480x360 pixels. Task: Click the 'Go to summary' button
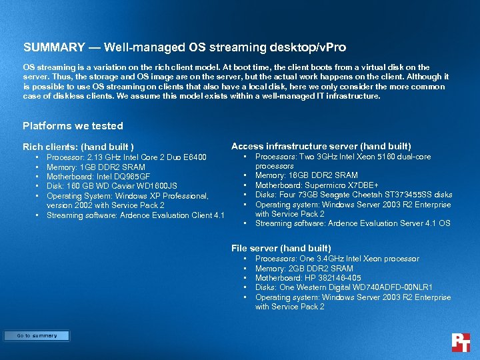[x=37, y=336]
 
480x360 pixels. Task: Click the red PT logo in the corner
[x=461, y=343]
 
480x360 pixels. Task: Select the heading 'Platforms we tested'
[x=73, y=125]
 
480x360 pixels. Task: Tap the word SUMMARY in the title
[x=54, y=48]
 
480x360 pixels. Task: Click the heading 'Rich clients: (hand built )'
[x=78, y=147]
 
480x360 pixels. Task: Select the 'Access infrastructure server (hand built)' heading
[x=321, y=146]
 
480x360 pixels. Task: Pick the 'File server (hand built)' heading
[x=281, y=248]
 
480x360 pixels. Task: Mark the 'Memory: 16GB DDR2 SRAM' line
[x=306, y=175]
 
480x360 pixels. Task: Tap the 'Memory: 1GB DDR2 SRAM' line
[x=95, y=167]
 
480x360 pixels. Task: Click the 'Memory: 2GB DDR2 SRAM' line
[x=304, y=268]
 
